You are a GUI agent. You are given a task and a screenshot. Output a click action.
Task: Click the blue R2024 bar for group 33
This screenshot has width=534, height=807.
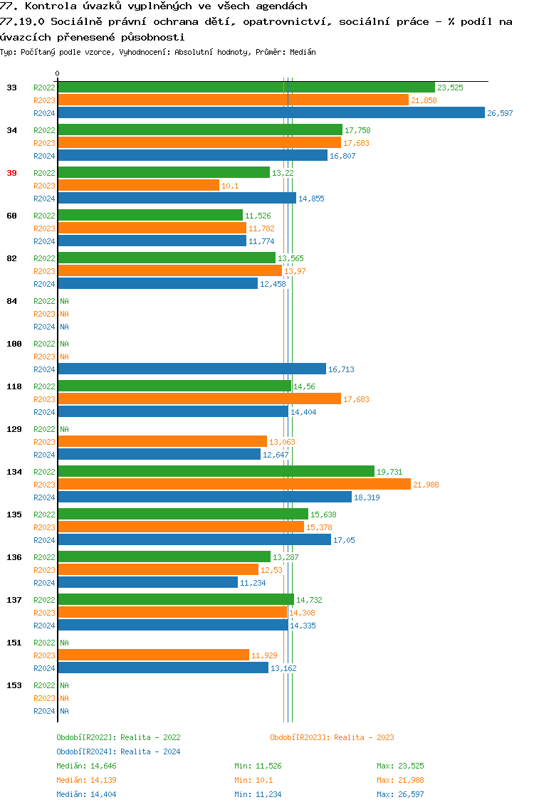click(271, 113)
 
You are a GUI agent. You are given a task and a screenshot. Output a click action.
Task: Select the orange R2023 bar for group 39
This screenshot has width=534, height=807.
click(139, 186)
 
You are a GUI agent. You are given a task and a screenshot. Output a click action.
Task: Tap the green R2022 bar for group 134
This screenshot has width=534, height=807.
click(216, 471)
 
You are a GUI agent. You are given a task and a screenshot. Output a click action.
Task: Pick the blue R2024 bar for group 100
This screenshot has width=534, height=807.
click(192, 369)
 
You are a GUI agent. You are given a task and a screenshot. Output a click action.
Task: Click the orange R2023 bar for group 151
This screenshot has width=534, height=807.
click(153, 655)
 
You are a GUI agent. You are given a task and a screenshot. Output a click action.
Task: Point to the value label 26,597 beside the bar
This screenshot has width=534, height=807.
click(500, 114)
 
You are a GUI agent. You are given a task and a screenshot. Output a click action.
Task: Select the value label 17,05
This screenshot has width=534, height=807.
click(344, 541)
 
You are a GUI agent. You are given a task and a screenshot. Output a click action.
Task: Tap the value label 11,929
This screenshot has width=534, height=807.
click(263, 655)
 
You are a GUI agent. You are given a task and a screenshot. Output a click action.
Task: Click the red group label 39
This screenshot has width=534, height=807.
click(11, 173)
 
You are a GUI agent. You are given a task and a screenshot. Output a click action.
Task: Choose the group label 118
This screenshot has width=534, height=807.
click(14, 386)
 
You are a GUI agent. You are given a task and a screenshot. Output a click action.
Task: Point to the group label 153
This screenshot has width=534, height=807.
click(14, 685)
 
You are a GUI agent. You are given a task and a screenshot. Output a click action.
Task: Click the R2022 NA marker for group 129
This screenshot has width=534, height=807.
click(64, 429)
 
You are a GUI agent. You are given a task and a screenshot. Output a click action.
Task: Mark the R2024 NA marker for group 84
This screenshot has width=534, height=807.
click(64, 327)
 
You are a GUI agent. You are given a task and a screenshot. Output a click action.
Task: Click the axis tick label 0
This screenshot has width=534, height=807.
click(57, 73)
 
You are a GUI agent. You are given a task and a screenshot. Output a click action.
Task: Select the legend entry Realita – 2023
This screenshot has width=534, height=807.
click(332, 737)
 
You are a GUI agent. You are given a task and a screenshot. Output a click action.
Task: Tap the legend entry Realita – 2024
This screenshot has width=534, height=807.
click(118, 751)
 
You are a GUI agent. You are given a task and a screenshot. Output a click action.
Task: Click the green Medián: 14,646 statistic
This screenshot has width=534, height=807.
click(86, 766)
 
